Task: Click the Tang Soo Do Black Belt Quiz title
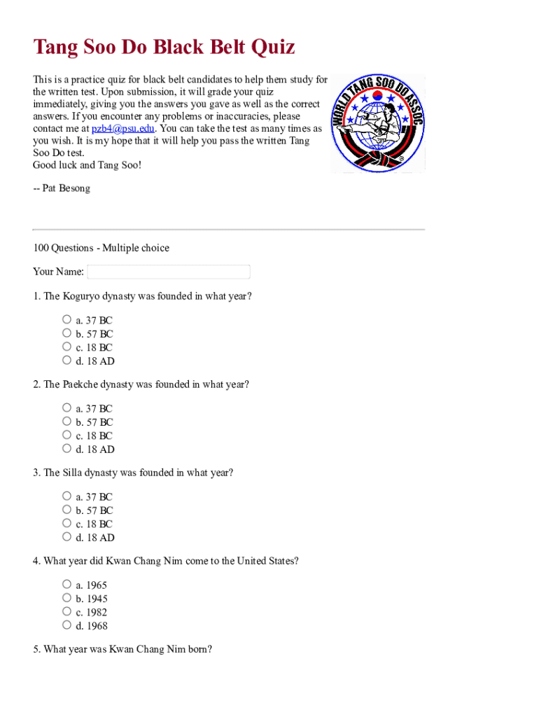pyautogui.click(x=164, y=48)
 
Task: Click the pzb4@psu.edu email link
pyautogui.click(x=122, y=129)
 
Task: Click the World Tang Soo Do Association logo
pyautogui.click(x=377, y=123)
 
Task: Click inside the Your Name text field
pyautogui.click(x=168, y=272)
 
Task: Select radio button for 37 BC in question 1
pyautogui.click(x=66, y=320)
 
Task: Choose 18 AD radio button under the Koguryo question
pyautogui.click(x=66, y=361)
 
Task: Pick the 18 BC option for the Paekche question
pyautogui.click(x=66, y=435)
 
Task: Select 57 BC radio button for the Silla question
pyautogui.click(x=66, y=510)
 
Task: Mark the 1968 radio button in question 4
pyautogui.click(x=66, y=625)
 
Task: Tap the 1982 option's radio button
pyautogui.click(x=66, y=611)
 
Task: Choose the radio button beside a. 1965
pyautogui.click(x=66, y=584)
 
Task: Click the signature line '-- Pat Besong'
pyautogui.click(x=62, y=188)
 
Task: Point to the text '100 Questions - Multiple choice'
pyautogui.click(x=101, y=248)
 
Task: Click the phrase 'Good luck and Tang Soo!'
pyautogui.click(x=87, y=165)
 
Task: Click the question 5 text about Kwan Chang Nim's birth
pyautogui.click(x=122, y=649)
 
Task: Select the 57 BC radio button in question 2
pyautogui.click(x=66, y=422)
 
